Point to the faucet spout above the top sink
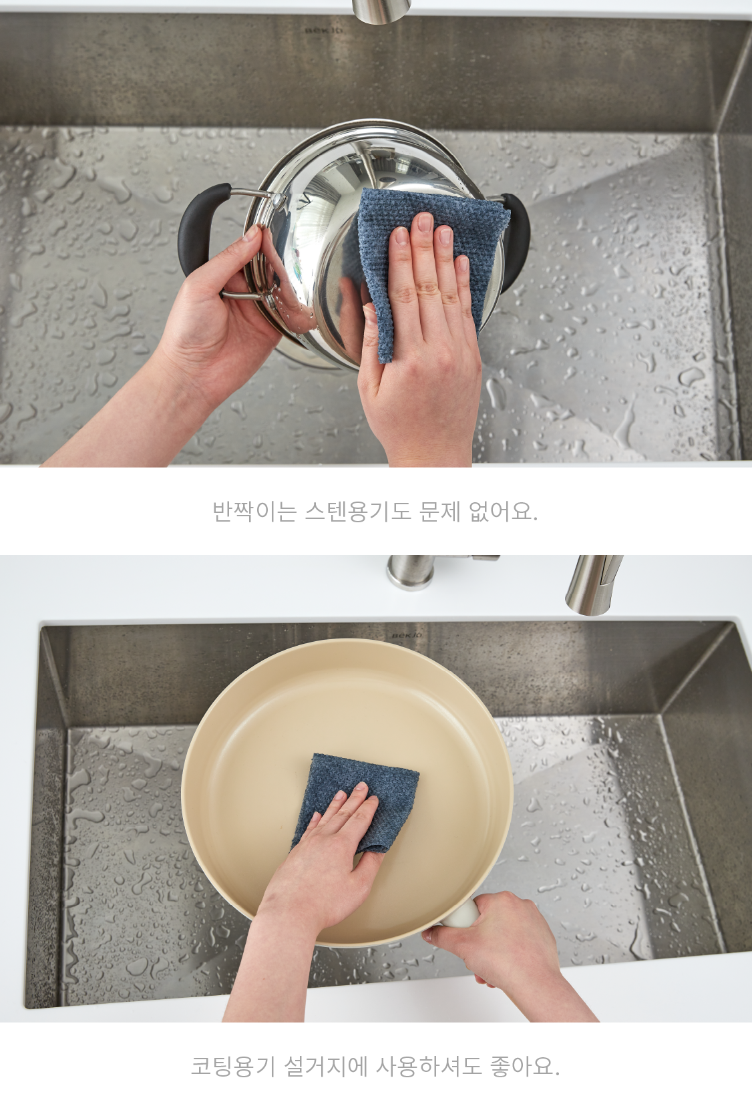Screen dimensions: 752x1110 (x=381, y=11)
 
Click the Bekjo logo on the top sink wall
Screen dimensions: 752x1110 (x=323, y=30)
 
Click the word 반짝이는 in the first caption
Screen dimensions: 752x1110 (x=254, y=512)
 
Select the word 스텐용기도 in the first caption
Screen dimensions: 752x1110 (x=358, y=512)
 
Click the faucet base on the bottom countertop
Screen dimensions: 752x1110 (x=410, y=572)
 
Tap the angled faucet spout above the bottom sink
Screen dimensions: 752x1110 (x=594, y=585)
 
